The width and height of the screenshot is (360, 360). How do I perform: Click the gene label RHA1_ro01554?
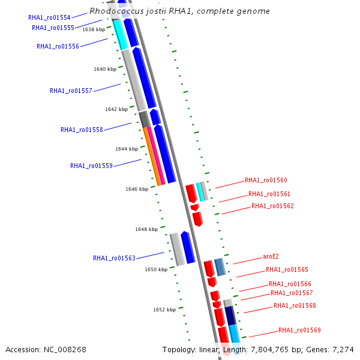49,18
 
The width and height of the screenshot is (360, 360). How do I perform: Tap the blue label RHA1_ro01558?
82,130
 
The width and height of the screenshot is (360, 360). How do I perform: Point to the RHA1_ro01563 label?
114,258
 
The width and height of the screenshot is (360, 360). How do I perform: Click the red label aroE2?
271,256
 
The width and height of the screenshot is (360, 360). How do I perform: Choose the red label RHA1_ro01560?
266,180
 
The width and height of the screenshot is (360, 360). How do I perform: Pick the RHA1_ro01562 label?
272,206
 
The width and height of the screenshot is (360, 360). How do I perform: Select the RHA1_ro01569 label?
299,330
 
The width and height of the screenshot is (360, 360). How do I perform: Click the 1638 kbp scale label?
94,29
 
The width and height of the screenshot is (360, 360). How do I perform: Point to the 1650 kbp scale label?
156,270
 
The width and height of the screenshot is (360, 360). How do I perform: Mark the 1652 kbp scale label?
164,310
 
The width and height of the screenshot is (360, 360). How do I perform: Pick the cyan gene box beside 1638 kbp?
121,34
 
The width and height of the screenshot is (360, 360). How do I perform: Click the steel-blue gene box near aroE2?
220,267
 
